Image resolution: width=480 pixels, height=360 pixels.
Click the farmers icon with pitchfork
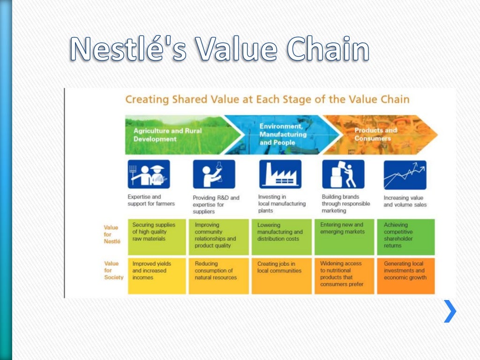[x=149, y=174]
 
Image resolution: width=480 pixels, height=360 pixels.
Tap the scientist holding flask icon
[x=214, y=174]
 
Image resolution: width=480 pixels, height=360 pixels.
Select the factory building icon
[x=280, y=174]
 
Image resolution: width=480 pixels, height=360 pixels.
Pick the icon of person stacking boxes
[x=343, y=174]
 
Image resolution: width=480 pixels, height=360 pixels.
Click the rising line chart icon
[x=405, y=174]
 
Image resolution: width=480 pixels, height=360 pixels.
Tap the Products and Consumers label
[x=375, y=134]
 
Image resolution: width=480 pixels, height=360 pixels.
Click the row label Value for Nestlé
[x=112, y=234]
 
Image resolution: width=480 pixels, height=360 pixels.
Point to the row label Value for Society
[x=113, y=270]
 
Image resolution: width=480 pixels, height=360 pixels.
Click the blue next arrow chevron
[x=450, y=311]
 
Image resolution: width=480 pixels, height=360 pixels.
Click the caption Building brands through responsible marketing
[x=345, y=203]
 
